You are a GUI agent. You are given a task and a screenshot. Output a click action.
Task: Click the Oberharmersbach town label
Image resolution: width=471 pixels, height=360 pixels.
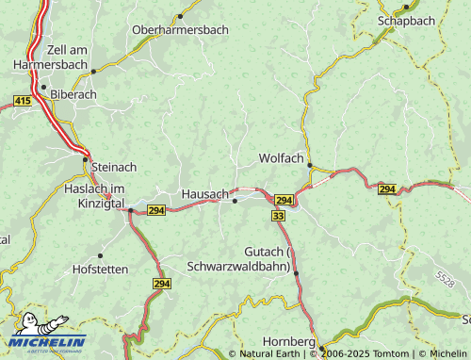(180, 30)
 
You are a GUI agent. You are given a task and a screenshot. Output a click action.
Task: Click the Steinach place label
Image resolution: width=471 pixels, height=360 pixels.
(114, 167)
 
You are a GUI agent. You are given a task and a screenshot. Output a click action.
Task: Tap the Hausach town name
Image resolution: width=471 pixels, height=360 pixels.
(204, 192)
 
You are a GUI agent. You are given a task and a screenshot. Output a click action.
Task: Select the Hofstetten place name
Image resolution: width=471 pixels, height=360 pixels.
(101, 269)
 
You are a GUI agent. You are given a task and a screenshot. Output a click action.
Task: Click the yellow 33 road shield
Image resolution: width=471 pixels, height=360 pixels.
(278, 216)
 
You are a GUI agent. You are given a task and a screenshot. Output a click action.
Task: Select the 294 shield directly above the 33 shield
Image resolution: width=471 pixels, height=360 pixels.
(284, 201)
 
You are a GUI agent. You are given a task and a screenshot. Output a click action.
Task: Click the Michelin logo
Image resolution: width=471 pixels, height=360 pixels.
(46, 335)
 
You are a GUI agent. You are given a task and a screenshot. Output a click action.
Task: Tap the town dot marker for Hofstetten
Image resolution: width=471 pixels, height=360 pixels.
(101, 255)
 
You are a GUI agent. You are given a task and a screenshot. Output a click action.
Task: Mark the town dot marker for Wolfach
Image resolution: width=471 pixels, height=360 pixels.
(309, 165)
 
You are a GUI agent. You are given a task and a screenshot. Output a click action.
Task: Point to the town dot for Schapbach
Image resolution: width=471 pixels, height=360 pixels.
(406, 8)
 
